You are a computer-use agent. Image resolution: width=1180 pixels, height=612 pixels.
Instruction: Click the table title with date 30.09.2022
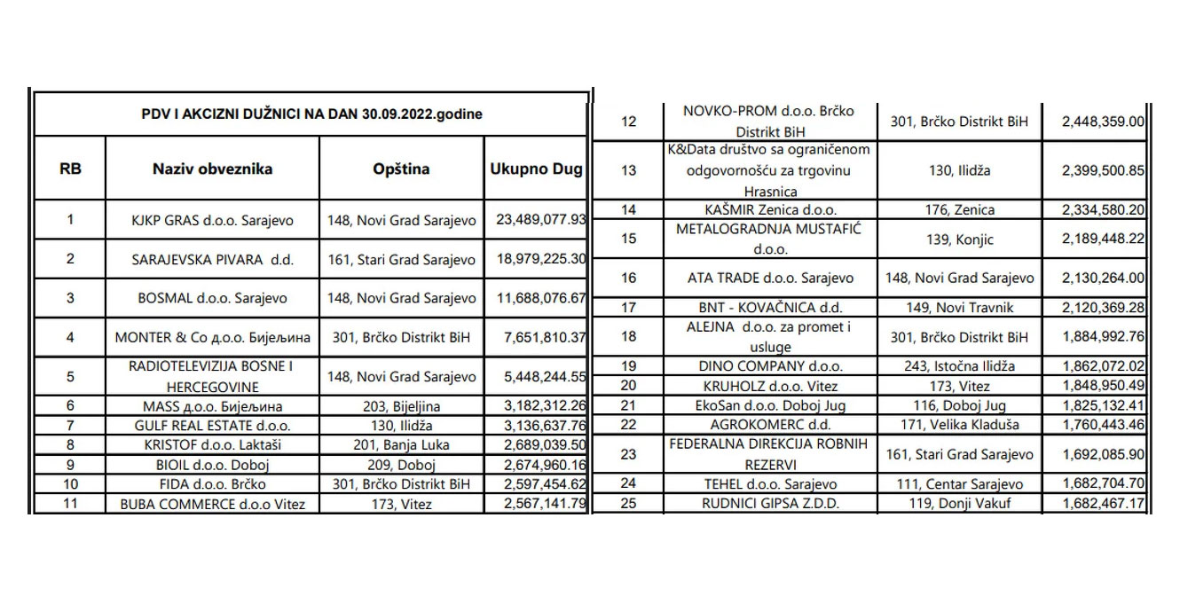[x=311, y=114]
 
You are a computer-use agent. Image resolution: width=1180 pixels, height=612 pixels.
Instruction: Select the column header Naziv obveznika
[x=212, y=168]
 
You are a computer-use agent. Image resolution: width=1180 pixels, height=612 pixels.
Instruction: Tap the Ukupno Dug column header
[x=536, y=168]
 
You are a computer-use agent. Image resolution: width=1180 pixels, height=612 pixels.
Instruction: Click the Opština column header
[x=401, y=168]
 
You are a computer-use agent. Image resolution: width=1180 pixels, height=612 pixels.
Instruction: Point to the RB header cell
[x=69, y=168]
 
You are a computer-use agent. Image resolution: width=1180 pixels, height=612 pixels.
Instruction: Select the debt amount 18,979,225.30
[x=535, y=260]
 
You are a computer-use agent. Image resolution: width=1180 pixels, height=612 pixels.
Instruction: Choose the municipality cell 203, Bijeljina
[x=401, y=406]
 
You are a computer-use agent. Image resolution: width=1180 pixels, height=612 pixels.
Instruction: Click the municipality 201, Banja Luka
[x=401, y=445]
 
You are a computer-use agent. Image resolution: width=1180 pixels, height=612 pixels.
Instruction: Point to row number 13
[x=629, y=170]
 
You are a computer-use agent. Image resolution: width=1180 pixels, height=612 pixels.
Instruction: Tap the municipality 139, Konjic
[x=963, y=239]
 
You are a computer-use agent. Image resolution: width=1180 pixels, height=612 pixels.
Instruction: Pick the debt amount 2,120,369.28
[x=1094, y=308]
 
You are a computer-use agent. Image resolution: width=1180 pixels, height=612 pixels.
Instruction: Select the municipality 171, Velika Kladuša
[x=963, y=425]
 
